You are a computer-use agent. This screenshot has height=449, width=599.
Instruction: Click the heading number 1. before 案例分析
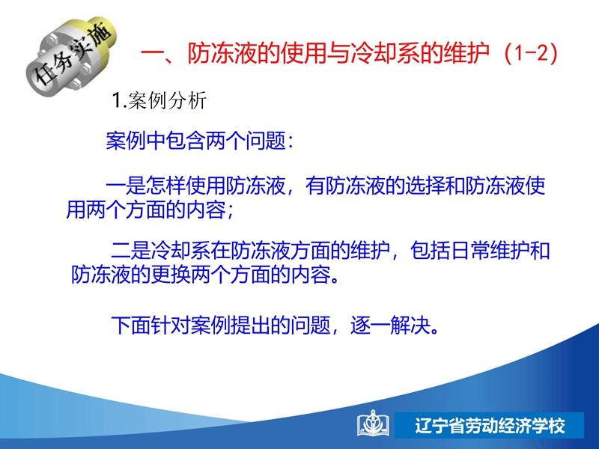tap(119, 100)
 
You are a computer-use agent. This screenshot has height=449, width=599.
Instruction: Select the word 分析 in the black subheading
tap(187, 100)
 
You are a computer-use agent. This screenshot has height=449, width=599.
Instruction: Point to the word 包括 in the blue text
tap(430, 251)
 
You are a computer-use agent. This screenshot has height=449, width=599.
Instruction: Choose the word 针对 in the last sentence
tap(171, 326)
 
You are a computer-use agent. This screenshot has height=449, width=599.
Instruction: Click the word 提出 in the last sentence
tap(250, 326)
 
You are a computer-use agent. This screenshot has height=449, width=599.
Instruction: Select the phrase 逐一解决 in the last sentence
tap(389, 326)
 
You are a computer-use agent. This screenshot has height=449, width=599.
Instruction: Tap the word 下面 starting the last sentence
tap(130, 326)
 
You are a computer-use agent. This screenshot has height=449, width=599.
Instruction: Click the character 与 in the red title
tap(338, 53)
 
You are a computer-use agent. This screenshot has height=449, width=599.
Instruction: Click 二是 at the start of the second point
tap(130, 251)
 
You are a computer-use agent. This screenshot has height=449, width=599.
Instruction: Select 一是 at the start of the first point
tap(126, 186)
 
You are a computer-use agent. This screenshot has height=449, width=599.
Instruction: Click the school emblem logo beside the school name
tap(372, 424)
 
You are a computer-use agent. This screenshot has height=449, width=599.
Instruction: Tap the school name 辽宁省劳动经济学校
tap(490, 425)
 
